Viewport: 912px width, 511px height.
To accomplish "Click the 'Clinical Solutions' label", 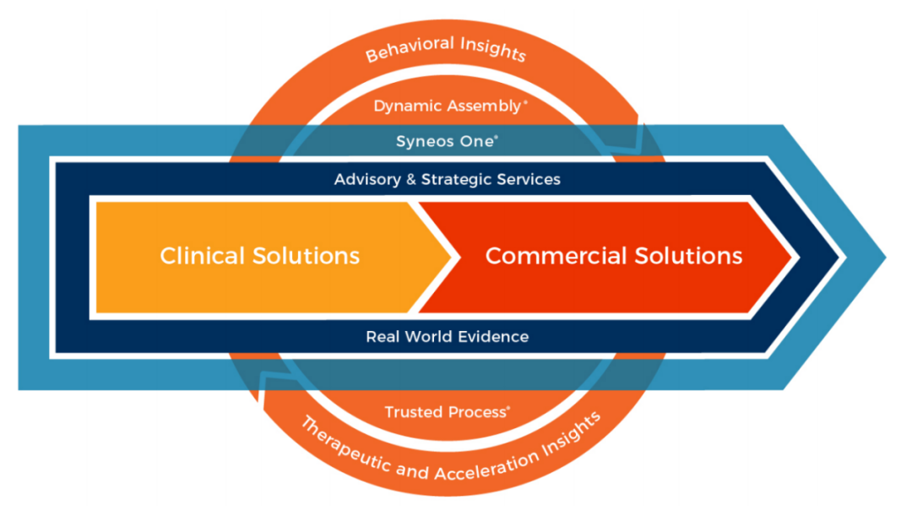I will point(260,255).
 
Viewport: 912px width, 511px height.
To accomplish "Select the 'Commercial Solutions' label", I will point(614,255).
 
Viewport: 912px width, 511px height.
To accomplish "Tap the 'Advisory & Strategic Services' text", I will point(447,179).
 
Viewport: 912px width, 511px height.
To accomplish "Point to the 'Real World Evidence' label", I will point(447,336).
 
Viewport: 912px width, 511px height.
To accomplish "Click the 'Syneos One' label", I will point(445,141).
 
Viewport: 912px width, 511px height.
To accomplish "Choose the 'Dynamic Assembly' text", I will point(448,106).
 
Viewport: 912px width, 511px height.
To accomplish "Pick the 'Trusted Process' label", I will point(445,412).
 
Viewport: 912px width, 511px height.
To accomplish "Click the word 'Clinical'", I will point(203,255).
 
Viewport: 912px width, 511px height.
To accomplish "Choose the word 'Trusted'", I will point(412,412).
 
